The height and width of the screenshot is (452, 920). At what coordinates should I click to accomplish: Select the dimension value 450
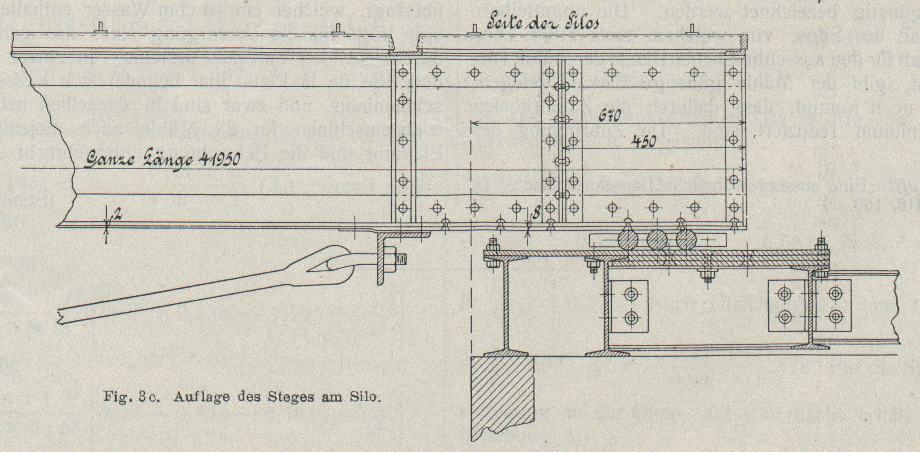(643, 142)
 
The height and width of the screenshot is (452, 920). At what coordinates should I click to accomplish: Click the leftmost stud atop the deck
(101, 28)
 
